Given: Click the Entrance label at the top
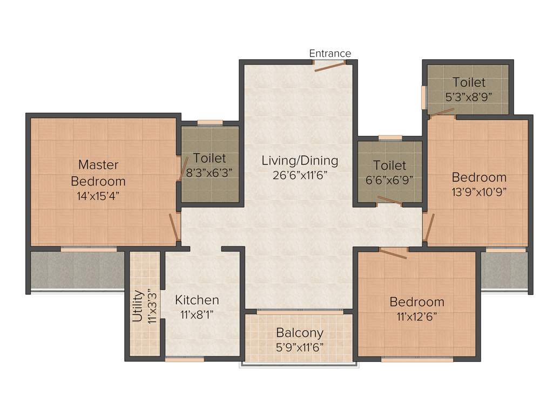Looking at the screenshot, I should pos(329,53).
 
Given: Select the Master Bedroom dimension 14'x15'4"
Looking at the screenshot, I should pos(98,195).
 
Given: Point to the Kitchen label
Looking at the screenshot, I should pos(197,300).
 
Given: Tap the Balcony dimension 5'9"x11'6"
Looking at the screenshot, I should pos(300,347).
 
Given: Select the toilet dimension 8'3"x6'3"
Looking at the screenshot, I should pos(210,173).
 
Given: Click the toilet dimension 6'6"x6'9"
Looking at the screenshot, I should pos(389,180).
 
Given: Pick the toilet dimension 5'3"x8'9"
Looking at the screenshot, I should pos(469,97).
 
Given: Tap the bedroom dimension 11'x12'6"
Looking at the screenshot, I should pos(417,316).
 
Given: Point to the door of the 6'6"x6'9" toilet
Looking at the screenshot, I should pos(389,201).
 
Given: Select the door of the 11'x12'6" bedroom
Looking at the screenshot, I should pos(393,253).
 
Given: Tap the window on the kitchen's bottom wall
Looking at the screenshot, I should pos(185,359).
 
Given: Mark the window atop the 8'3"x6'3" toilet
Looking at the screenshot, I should pos(210,122).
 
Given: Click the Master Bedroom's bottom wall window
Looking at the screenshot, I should pos(89,249).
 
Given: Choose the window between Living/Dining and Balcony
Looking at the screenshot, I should pos(300,311).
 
